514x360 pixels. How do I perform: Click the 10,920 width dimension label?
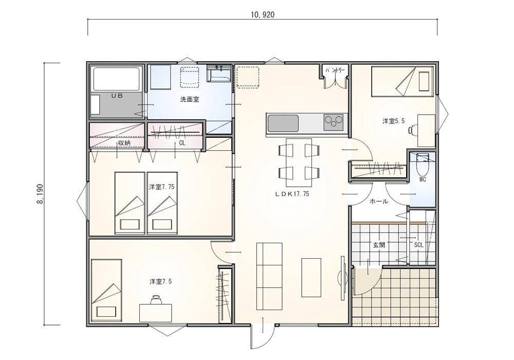click(263, 14)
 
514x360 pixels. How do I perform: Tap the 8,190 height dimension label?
click(40, 194)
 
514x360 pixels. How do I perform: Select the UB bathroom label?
click(117, 96)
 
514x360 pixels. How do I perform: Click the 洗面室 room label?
click(190, 99)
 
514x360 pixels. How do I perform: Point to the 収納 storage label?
click(124, 143)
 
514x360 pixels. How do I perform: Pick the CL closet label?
click(182, 143)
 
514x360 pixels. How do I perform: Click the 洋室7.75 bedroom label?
click(162, 187)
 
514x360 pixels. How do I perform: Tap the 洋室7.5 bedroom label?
click(160, 281)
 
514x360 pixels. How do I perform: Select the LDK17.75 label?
click(292, 194)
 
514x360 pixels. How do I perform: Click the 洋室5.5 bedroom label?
click(393, 121)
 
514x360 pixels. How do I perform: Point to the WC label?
click(423, 179)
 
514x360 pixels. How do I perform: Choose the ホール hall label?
click(379, 201)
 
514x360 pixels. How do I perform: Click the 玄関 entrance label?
click(379, 245)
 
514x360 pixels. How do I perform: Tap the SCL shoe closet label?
click(418, 245)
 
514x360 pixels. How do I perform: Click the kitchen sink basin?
click(283, 123)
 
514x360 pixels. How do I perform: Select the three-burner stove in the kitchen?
click(334, 122)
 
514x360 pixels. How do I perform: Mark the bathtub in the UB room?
click(116, 79)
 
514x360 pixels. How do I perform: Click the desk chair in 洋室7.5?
click(156, 299)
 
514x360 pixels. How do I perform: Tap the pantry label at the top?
click(335, 70)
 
